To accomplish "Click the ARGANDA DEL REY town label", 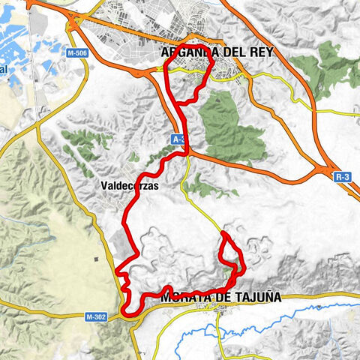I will pos(217,52).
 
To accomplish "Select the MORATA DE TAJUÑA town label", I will pos(220,297).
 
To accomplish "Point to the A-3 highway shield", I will pos(178,139).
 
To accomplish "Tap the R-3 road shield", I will pos(343,177).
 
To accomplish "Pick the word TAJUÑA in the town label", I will pos(257,297).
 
